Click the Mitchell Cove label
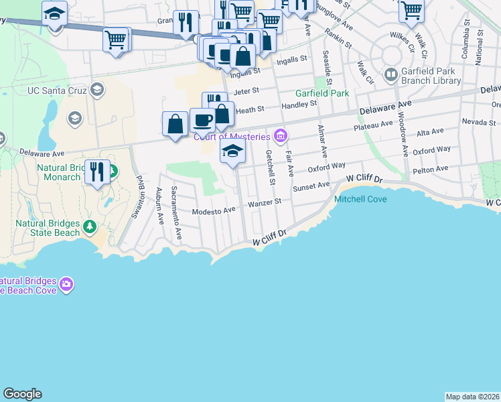(360, 199)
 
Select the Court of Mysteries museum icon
(280, 137)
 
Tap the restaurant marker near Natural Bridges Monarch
(97, 172)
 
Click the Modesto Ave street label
(214, 210)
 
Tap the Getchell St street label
(271, 167)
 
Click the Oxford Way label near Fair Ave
(326, 165)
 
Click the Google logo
(22, 394)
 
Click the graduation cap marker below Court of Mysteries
(232, 151)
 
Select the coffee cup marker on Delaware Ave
(202, 121)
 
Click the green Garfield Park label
(322, 94)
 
